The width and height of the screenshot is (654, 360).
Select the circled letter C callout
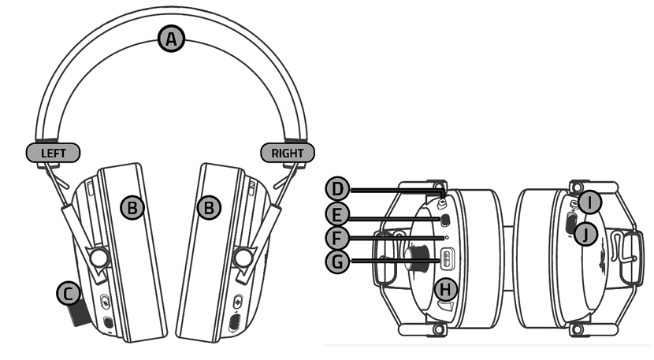pos(69,294)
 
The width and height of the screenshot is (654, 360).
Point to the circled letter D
pos(338,189)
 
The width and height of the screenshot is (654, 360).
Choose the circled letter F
pos(338,236)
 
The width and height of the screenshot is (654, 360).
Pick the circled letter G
pos(338,260)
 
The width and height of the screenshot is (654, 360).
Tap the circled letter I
pos(589,202)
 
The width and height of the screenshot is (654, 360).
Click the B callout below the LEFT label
pos(133,208)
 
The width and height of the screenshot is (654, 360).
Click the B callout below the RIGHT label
pos(209,208)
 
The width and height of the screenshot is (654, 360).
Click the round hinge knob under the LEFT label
pos(98,258)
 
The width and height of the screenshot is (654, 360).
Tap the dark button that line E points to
pos(445,220)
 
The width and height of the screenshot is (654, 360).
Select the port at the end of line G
pos(447,259)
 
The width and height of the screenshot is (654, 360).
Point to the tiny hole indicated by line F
pos(447,236)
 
